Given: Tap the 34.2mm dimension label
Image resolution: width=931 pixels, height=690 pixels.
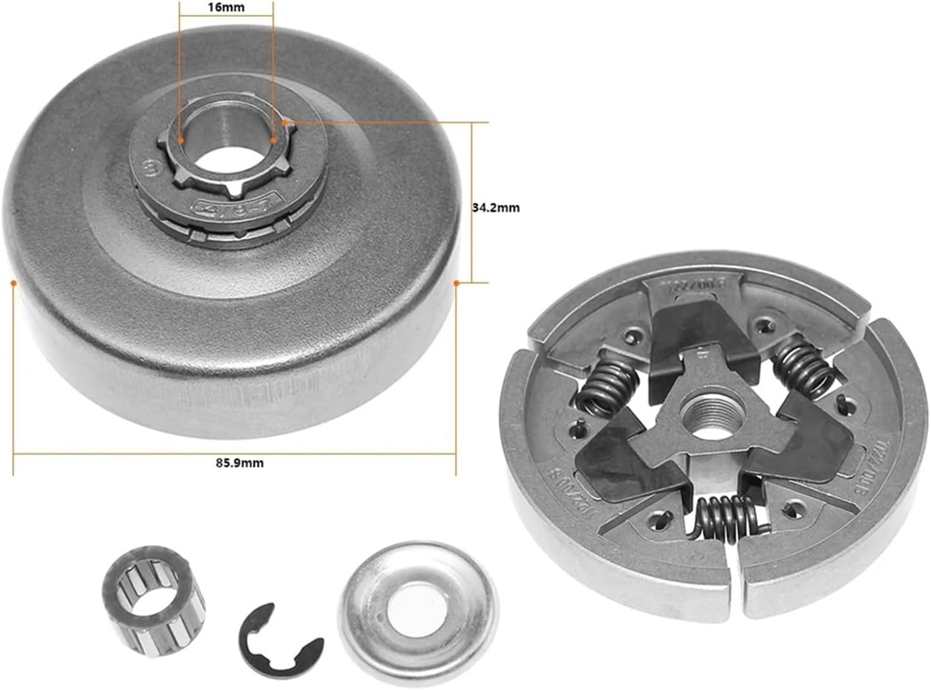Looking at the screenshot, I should (x=497, y=208).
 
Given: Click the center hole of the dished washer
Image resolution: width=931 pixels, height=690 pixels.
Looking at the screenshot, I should (x=417, y=611).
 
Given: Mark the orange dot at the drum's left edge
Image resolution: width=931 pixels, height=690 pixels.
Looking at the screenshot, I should (x=13, y=282).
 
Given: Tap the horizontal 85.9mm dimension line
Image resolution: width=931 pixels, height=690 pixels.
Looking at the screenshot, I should (x=235, y=452).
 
